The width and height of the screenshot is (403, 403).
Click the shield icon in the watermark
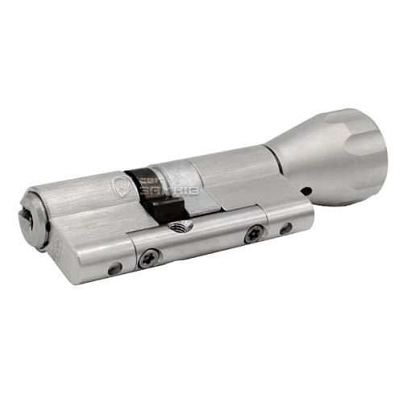[x=122, y=186]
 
